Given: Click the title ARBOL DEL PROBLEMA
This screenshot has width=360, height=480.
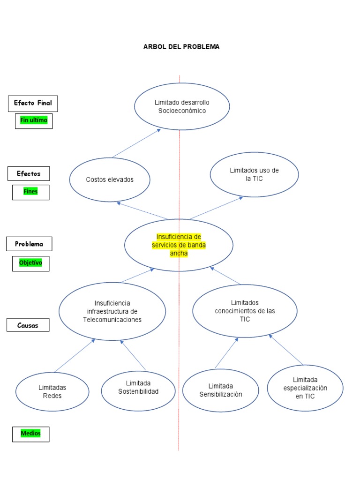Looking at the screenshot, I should tap(181, 47).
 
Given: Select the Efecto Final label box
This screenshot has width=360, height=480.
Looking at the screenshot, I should tap(33, 103).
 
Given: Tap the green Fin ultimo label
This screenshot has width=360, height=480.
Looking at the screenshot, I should tap(33, 120).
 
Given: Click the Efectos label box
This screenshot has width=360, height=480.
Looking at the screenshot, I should tap(29, 173).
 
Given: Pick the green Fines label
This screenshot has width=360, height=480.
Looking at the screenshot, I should tap(30, 192).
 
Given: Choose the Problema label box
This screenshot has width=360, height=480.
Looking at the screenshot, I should tap(29, 244).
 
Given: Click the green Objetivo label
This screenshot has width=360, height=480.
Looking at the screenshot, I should tap(30, 263).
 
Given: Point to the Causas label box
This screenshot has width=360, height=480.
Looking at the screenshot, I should tap(28, 324).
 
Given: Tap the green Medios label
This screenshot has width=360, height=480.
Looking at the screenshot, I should tap(30, 434).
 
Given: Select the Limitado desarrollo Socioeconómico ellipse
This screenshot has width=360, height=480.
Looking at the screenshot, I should tap(182, 106).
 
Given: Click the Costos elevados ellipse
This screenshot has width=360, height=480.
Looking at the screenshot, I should tap(110, 180).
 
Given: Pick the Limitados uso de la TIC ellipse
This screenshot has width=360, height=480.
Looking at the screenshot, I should tap(254, 174).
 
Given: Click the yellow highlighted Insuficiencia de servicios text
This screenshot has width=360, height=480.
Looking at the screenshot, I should tap(179, 245).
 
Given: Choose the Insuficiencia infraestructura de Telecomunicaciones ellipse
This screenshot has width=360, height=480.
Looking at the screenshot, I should tap(112, 311).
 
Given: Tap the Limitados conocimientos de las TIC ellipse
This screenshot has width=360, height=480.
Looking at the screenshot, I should tap(245, 311).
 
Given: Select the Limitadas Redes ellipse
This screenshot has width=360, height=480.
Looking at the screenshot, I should tap(52, 391).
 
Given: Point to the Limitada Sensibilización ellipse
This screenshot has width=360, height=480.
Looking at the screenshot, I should tap(220, 390).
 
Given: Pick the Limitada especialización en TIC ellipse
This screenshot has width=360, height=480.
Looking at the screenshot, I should tap(305, 388).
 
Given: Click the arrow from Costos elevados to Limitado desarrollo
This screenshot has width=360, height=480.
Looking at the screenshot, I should tap(136, 143).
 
